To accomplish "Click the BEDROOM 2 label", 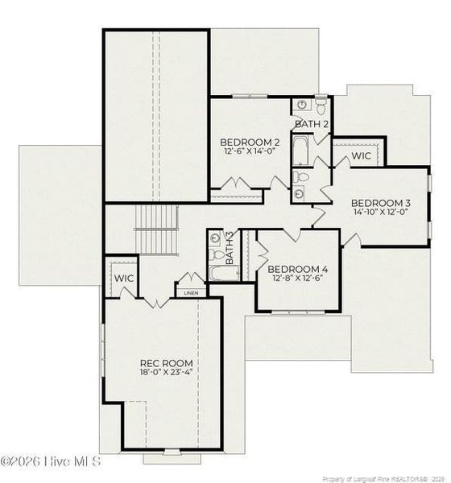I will tap(250, 142).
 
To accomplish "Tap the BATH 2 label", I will tap(311, 124).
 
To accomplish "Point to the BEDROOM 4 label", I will tap(297, 269).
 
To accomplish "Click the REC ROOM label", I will tap(166, 363).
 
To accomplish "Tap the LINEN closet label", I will tap(191, 293).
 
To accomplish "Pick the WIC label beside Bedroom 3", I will tap(361, 155).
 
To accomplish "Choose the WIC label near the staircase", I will tap(123, 278).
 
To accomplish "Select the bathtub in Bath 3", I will tap(220, 272).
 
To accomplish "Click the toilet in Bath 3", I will tap(217, 254).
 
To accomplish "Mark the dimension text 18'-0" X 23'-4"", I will tap(166, 374).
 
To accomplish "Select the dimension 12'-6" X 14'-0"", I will tap(250, 151).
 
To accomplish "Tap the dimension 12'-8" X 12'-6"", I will tap(297, 279).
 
